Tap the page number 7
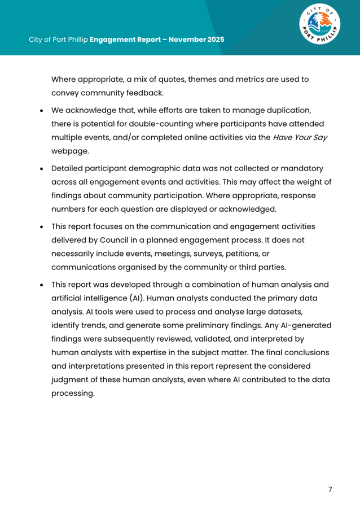tap(330, 489)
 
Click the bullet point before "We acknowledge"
tap(42, 110)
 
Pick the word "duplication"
tap(289, 109)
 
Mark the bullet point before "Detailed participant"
tap(42, 168)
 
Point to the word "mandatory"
tap(302, 168)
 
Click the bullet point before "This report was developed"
tap(42, 285)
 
